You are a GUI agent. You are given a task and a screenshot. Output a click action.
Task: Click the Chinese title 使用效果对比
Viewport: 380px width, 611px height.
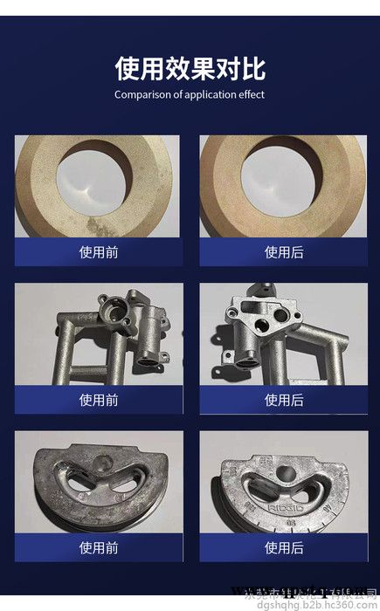190,68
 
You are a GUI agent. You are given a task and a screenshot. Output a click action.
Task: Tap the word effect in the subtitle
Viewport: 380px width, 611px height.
248,94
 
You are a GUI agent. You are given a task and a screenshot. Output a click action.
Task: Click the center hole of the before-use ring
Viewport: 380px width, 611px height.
96,176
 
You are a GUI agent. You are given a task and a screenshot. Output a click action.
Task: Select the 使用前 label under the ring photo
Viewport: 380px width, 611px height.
98,252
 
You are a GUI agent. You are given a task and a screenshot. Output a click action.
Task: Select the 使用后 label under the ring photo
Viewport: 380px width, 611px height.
283,252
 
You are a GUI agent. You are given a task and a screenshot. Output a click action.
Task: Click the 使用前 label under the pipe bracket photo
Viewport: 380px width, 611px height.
98,400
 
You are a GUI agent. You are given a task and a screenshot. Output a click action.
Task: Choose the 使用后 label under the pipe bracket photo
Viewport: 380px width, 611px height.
283,400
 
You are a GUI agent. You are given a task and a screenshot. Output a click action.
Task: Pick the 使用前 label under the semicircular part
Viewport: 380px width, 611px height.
98,547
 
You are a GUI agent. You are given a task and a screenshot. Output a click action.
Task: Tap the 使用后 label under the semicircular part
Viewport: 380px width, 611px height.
283,547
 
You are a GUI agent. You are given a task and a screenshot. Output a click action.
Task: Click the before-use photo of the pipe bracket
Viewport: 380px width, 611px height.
98,335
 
